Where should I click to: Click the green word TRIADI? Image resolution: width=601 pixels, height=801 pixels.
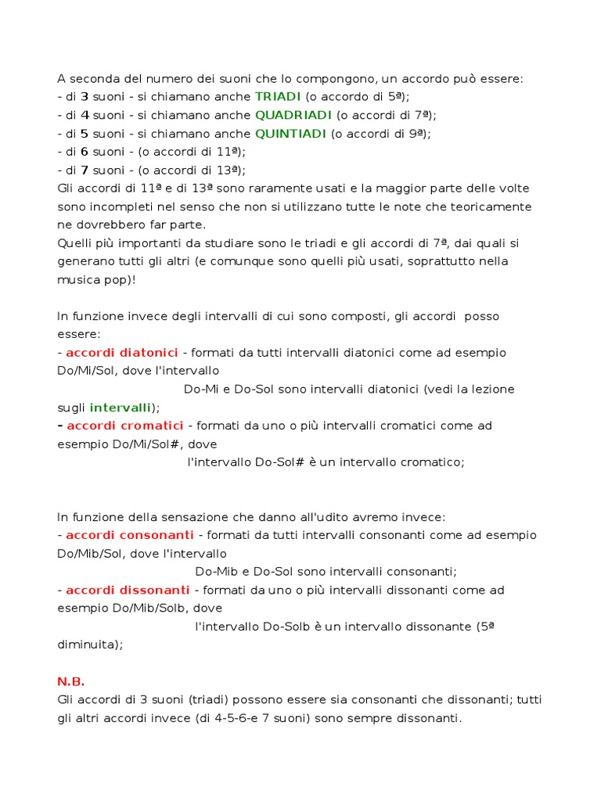pos(278,97)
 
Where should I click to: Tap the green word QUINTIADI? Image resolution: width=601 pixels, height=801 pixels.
pos(290,134)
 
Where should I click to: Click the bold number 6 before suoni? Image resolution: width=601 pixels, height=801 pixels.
pos(85,152)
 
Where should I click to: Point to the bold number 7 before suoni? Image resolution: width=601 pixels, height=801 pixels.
pos(85,170)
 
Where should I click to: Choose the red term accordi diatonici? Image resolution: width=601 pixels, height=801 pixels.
pos(122,353)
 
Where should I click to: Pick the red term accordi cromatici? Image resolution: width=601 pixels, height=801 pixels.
pos(125,426)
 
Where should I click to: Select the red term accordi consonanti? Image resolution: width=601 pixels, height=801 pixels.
pos(130,535)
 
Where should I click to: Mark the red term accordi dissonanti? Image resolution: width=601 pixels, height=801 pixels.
pos(128,590)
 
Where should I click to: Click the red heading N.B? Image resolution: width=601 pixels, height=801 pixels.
pos(71,681)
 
